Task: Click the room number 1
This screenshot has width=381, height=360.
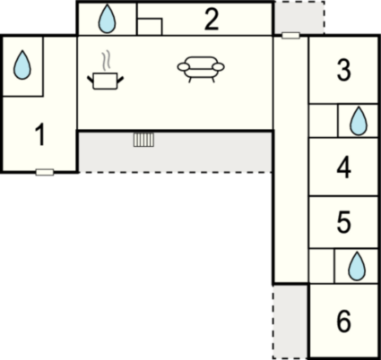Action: (x=40, y=135)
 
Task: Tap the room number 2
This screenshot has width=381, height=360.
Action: (x=212, y=20)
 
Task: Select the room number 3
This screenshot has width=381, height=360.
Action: (x=343, y=70)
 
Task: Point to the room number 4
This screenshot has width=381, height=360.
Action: (x=343, y=167)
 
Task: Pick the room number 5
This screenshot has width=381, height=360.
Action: (x=343, y=222)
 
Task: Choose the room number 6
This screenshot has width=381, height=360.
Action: (x=343, y=321)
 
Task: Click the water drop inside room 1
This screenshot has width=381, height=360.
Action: (x=22, y=64)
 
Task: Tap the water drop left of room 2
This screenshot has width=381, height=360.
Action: (x=107, y=19)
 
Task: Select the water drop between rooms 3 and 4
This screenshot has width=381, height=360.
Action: (x=359, y=121)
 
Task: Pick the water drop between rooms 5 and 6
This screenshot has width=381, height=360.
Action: (x=357, y=266)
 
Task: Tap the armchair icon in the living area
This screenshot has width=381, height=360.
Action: (x=201, y=69)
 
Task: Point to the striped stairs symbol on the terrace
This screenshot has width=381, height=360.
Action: (x=143, y=140)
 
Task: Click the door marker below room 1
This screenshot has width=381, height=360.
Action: (x=45, y=172)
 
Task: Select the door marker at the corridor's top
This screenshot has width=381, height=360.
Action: (x=290, y=36)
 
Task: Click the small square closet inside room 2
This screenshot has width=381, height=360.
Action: (x=150, y=27)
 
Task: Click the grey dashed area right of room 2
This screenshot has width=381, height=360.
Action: (x=299, y=17)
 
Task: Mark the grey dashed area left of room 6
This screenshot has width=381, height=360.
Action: (x=290, y=321)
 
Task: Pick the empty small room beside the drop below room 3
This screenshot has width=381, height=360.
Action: (x=323, y=121)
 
